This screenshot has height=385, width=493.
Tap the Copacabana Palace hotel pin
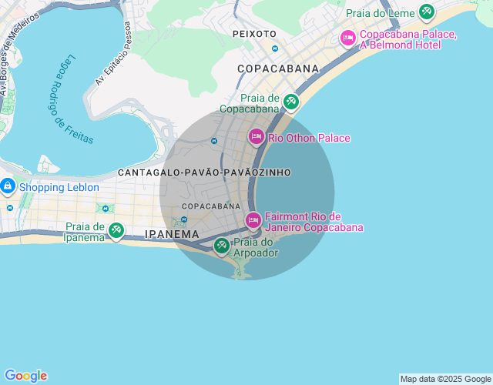(x=347, y=37)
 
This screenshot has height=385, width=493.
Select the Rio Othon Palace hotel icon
(x=257, y=136)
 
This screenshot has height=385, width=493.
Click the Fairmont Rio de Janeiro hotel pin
(x=253, y=220)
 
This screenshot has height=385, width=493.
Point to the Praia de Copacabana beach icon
(x=290, y=101)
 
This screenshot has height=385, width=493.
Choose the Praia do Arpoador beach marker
(x=222, y=246)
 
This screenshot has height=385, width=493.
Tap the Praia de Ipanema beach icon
(x=116, y=229)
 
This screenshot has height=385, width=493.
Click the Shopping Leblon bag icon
(x=8, y=186)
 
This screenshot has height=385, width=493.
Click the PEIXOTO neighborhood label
(x=254, y=34)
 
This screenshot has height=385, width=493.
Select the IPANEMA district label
(x=172, y=234)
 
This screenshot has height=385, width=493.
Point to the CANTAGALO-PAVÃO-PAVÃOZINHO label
(x=204, y=172)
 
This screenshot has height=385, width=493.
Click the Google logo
(x=25, y=376)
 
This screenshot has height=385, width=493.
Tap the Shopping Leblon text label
(x=59, y=187)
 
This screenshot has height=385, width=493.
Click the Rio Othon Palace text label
(x=309, y=139)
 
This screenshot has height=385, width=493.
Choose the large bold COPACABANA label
(x=278, y=69)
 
